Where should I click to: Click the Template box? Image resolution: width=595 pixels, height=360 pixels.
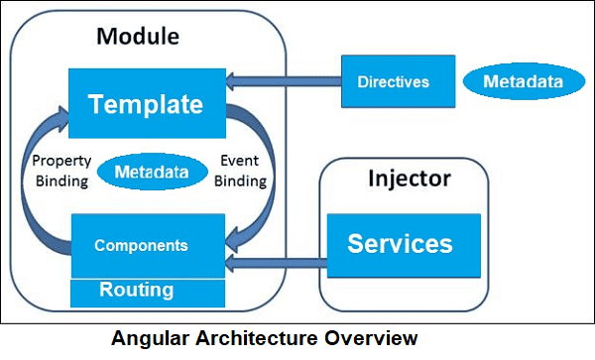coord(147,103)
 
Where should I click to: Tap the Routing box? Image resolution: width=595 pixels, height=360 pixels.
coord(147,292)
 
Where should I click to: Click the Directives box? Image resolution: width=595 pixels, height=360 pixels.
coord(394,81)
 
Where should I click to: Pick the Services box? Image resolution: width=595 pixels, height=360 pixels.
coord(400,244)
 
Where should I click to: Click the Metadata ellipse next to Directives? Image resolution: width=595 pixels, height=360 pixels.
coord(523,81)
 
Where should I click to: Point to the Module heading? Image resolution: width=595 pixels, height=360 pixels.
coord(137,38)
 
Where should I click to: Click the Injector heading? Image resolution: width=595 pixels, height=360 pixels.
coord(409,180)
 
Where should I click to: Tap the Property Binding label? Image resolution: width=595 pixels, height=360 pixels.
coord(60,171)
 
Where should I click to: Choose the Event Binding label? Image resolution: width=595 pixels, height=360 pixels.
coord(241,171)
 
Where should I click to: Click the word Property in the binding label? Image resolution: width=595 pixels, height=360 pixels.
coord(61,161)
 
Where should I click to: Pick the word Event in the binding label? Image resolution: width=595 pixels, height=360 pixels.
coord(241,161)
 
